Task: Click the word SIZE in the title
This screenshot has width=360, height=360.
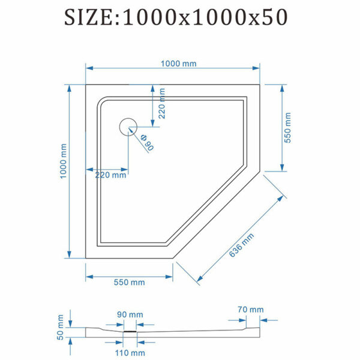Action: tap(91, 17)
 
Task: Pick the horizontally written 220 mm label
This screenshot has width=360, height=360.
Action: tap(110, 176)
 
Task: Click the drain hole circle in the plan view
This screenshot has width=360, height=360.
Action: tap(129, 127)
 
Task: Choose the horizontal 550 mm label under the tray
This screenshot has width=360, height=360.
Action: tap(129, 282)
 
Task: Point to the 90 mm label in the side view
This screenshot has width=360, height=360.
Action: tap(130, 314)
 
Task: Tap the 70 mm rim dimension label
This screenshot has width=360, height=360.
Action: tap(250, 310)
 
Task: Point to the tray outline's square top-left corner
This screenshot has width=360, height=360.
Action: tap(86, 85)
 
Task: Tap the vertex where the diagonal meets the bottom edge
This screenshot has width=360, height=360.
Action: tap(173, 259)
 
